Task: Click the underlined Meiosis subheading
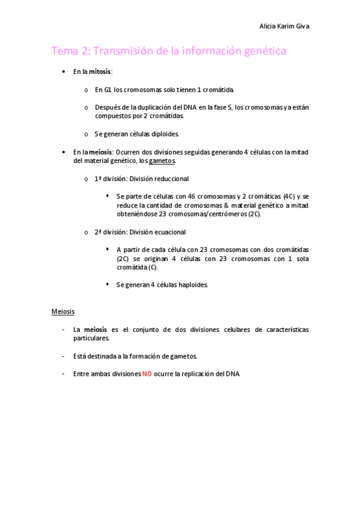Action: [x=63, y=312]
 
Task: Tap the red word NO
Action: [x=147, y=373]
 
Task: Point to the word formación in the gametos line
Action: [x=145, y=356]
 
